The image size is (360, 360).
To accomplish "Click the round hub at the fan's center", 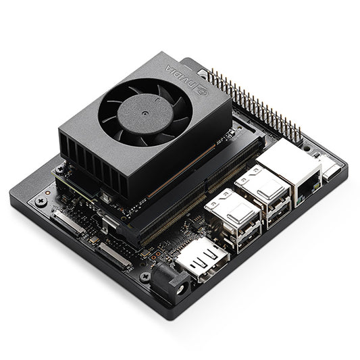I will (x=143, y=112).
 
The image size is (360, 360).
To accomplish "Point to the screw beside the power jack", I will (x=144, y=276).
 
